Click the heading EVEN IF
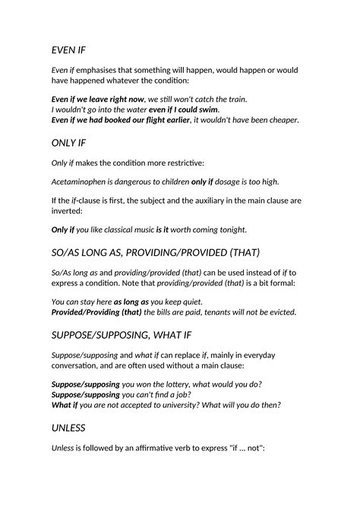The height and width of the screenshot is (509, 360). [68, 50]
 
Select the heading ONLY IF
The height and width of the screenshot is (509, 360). [69, 142]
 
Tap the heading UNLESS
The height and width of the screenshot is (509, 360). [68, 428]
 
